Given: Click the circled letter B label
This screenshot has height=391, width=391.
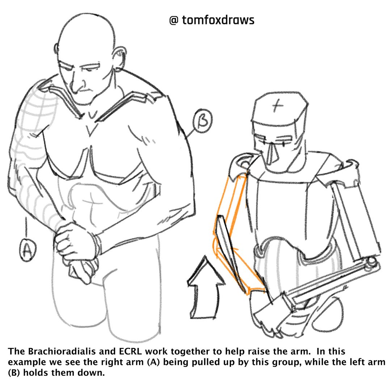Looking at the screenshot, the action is [203, 121].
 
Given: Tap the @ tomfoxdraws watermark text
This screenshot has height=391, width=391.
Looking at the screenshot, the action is [212, 20].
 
